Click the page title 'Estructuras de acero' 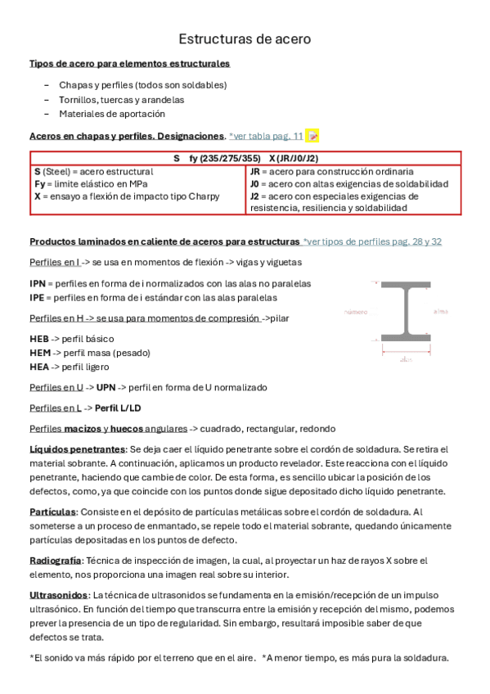[x=245, y=38]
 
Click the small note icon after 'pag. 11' [x=312, y=136]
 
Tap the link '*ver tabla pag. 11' [x=266, y=136]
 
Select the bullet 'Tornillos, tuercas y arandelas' [x=121, y=99]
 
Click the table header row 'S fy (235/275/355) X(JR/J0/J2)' [x=245, y=158]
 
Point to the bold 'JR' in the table [x=255, y=173]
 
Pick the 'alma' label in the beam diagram [x=441, y=311]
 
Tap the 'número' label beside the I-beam [x=355, y=312]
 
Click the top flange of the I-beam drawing [x=405, y=287]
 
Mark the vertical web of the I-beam [x=405, y=312]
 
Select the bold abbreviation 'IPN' [x=38, y=283]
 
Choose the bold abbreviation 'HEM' [x=39, y=353]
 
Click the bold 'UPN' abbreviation [x=106, y=387]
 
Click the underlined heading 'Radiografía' [x=55, y=561]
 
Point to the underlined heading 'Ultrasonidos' [x=58, y=595]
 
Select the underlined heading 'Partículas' [x=52, y=511]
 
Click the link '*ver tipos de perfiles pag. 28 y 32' [x=371, y=241]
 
